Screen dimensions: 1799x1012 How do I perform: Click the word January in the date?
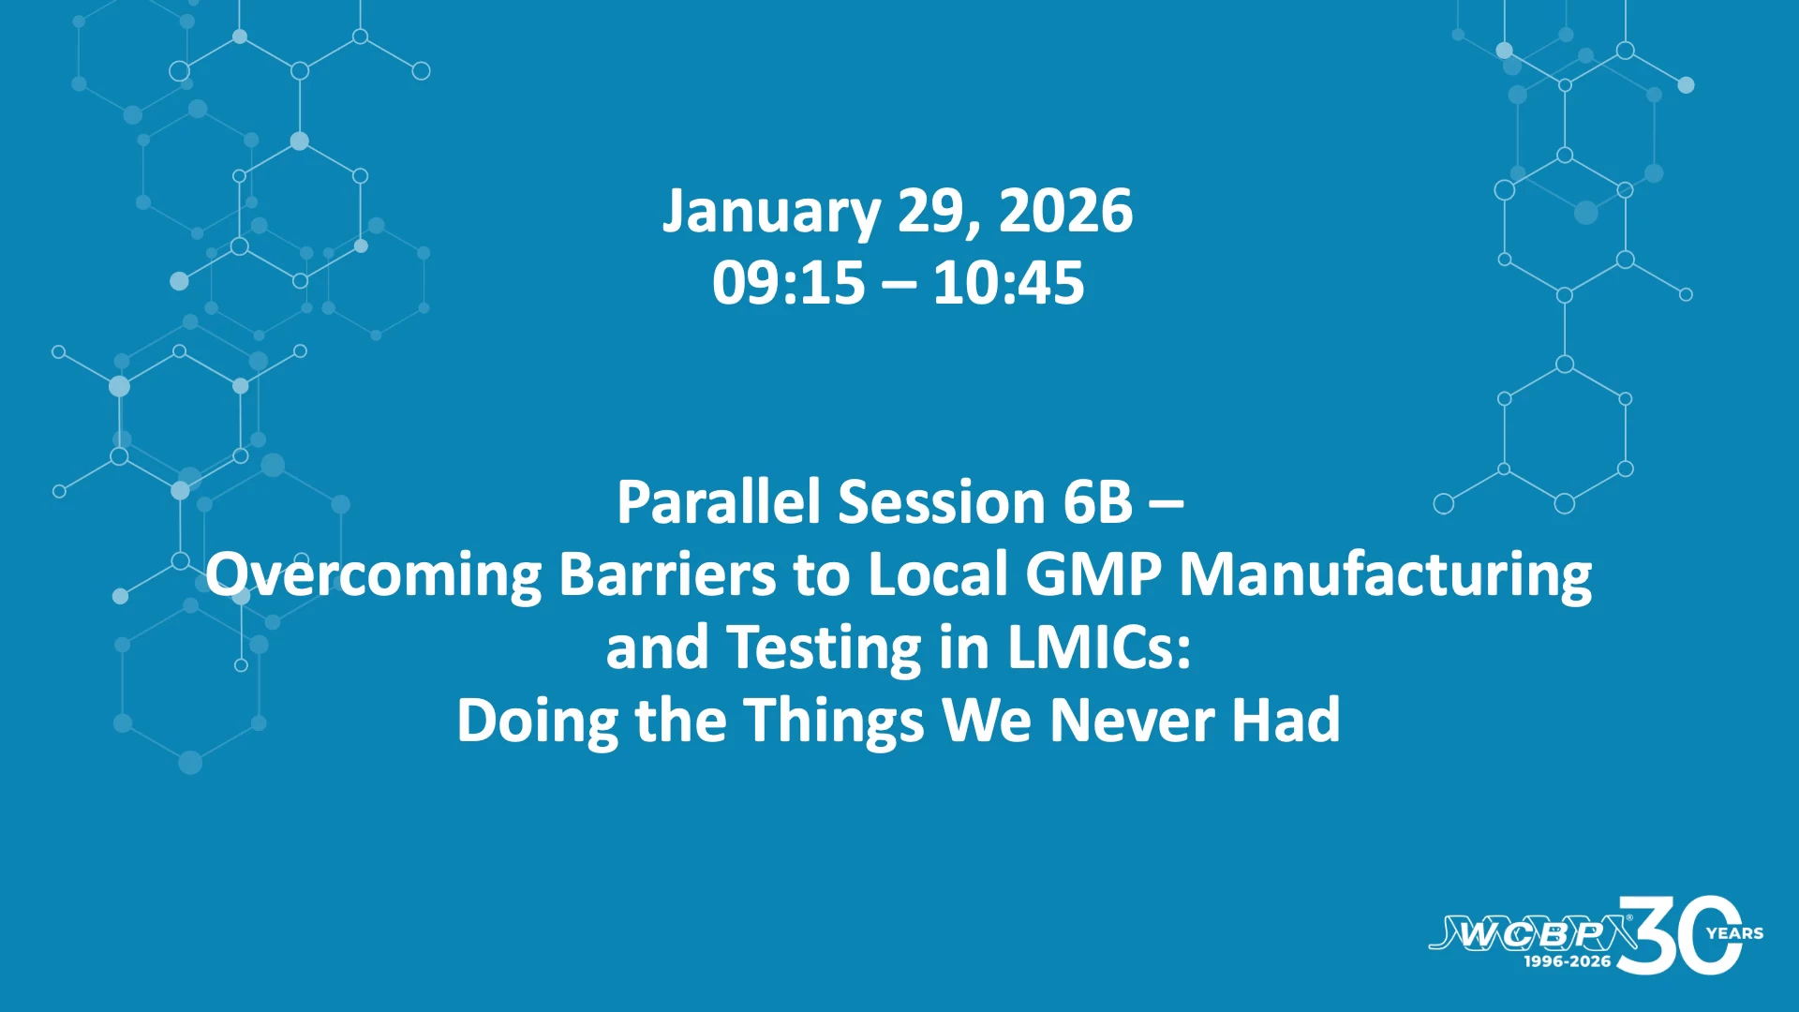pyautogui.click(x=771, y=212)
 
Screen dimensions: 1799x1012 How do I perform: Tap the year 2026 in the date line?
pyautogui.click(x=1066, y=210)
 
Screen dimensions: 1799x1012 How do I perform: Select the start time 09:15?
pyautogui.click(x=788, y=282)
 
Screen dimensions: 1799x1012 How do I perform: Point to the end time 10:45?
pyautogui.click(x=1008, y=282)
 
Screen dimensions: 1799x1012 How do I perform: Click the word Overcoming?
pyautogui.click(x=374, y=574)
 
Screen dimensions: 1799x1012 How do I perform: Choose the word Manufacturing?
pyautogui.click(x=1386, y=574)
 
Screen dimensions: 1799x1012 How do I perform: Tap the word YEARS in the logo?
pyautogui.click(x=1735, y=933)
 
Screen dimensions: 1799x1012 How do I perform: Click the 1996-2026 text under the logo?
pyautogui.click(x=1568, y=961)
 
